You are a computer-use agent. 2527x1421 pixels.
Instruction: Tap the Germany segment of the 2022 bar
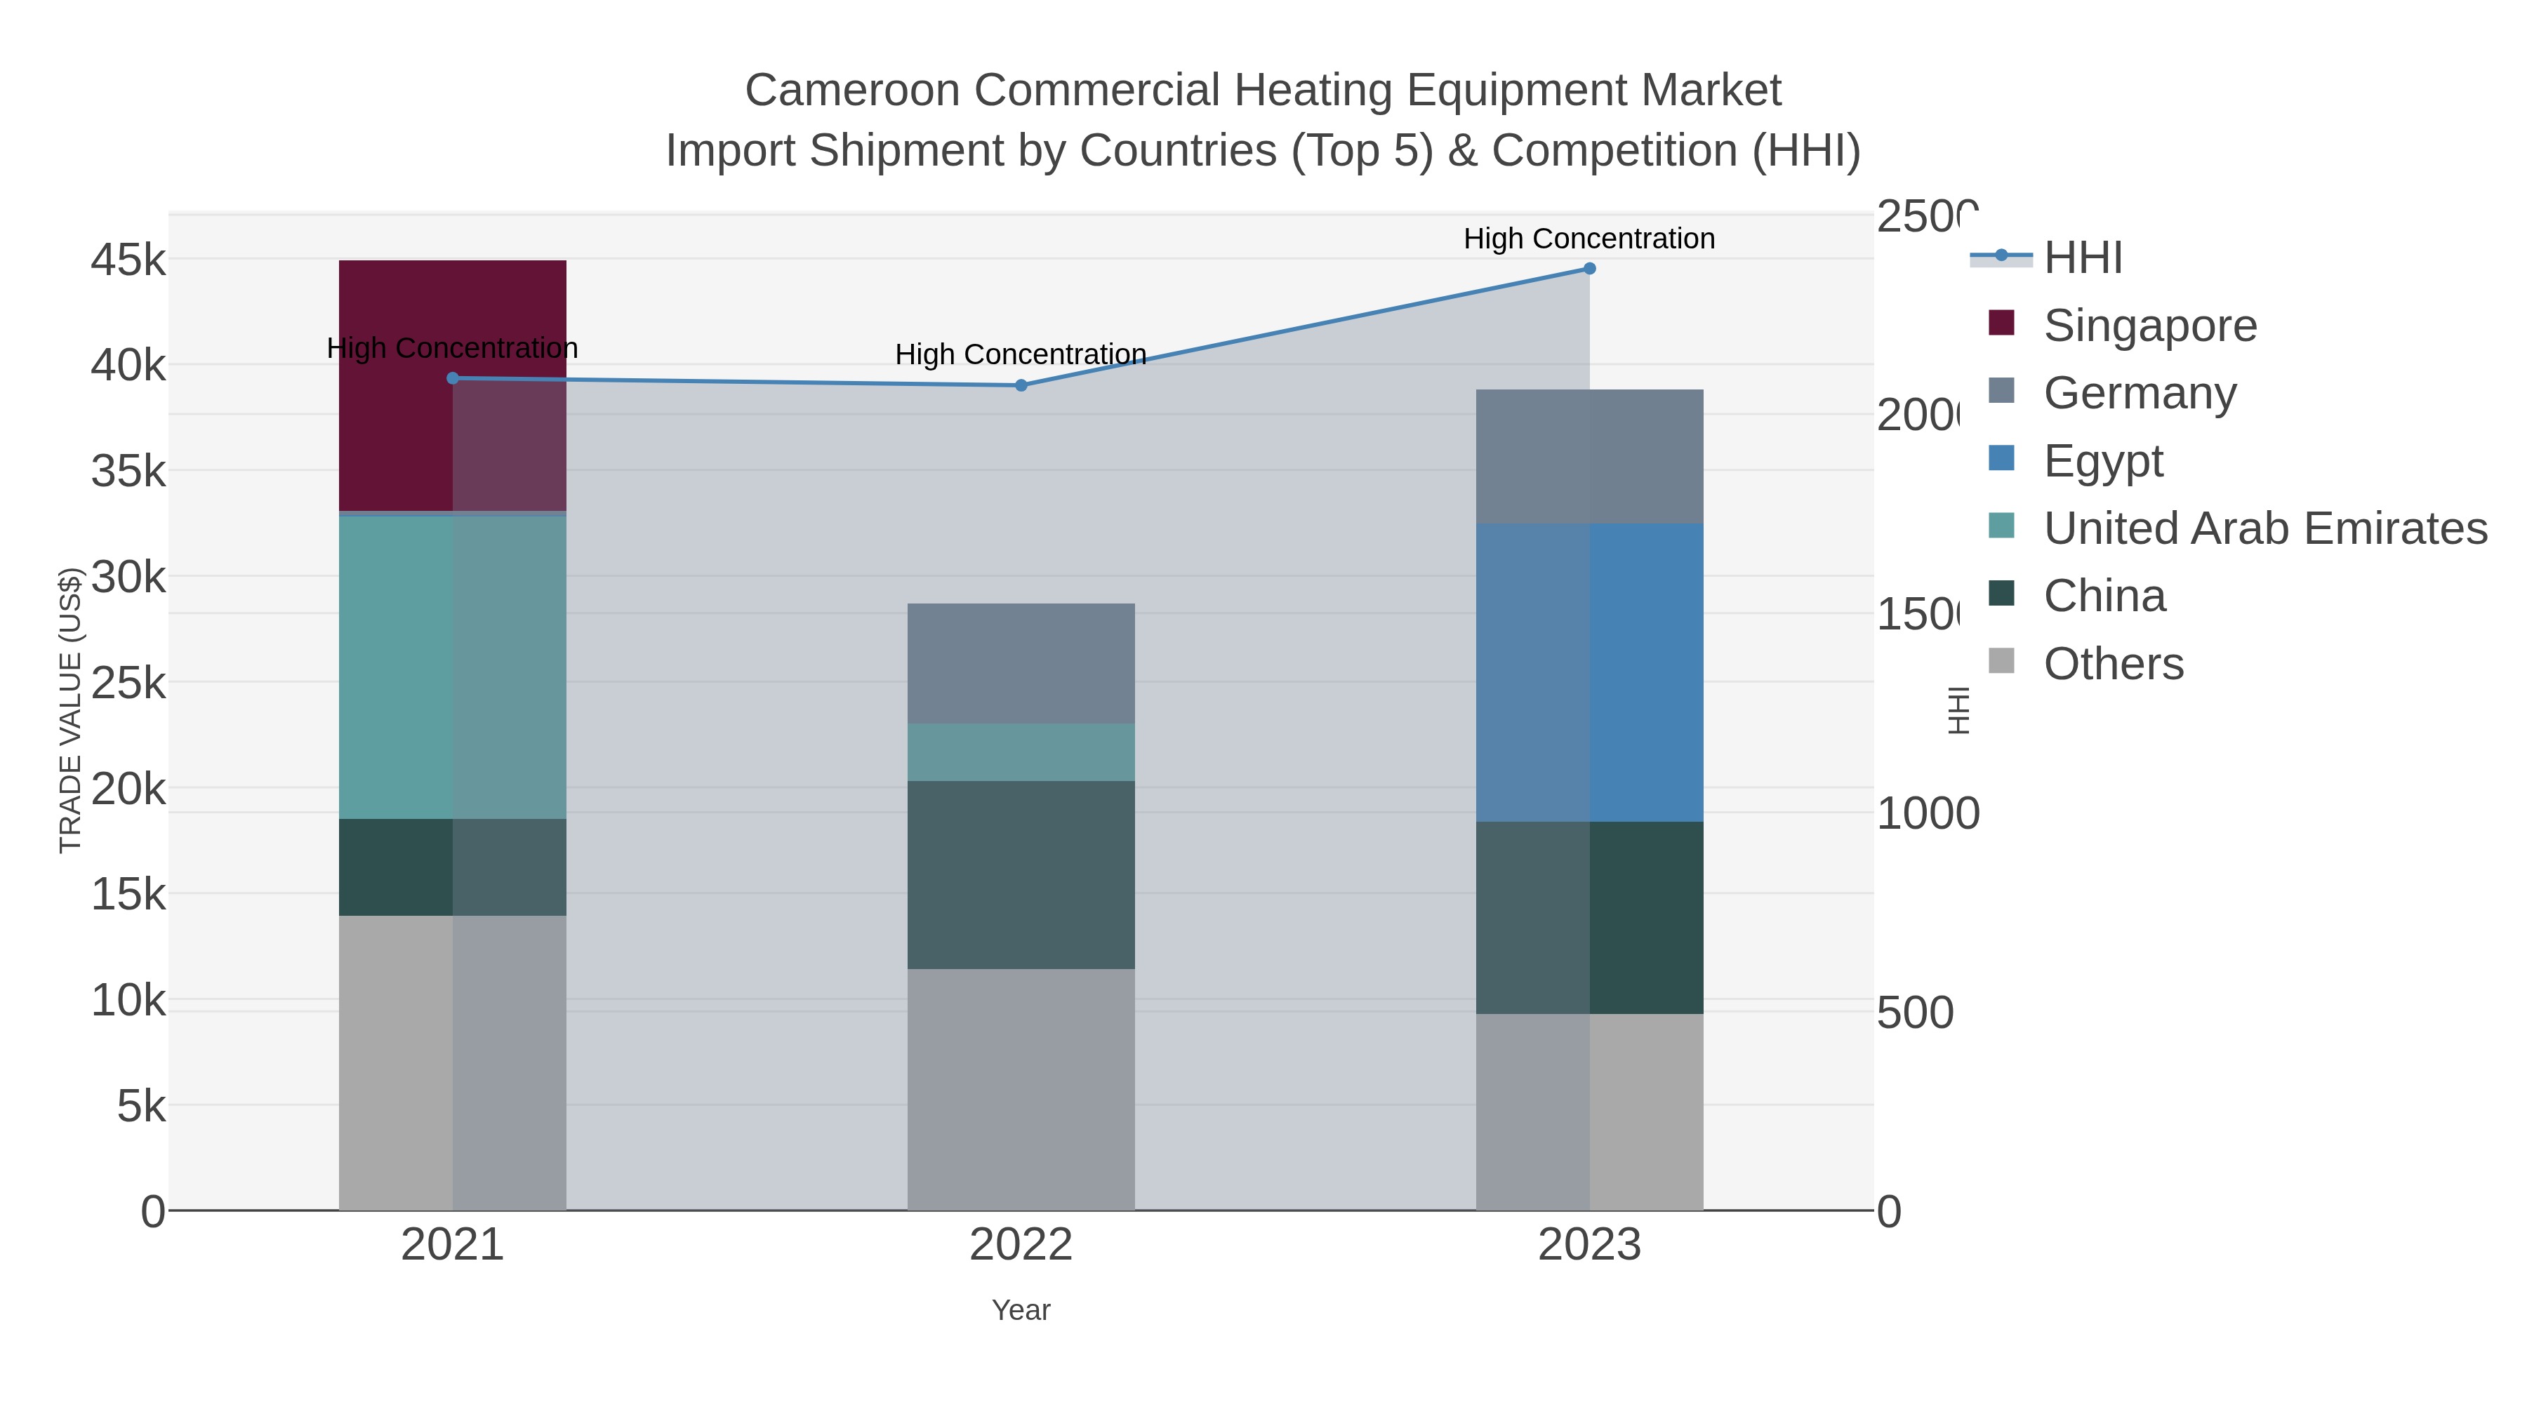tap(1020, 663)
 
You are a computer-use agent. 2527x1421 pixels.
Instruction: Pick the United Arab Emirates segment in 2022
tap(1020, 752)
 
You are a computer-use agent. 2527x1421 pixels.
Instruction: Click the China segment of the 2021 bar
tap(452, 867)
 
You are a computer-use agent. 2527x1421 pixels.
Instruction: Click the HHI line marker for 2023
tap(1589, 269)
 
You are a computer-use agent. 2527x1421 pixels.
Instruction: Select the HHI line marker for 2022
tap(1020, 385)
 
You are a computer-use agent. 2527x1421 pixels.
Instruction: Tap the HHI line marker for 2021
tap(452, 378)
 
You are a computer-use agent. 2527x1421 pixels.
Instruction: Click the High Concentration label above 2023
tap(1589, 239)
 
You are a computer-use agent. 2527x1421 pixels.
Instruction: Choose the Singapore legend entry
tap(2149, 326)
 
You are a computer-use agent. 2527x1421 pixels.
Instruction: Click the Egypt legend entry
tap(2102, 461)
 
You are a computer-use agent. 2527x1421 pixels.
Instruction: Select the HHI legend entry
tap(2083, 258)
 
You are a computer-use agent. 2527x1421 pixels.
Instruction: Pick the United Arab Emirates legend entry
tap(2264, 528)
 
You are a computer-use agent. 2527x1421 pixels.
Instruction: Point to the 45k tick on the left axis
tap(128, 261)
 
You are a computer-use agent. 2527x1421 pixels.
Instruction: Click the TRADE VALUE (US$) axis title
tap(69, 710)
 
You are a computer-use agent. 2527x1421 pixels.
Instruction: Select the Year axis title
tap(1020, 1310)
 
